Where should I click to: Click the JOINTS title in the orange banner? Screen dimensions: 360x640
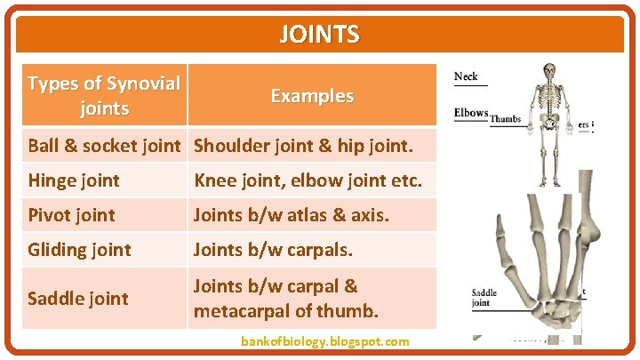coord(319,35)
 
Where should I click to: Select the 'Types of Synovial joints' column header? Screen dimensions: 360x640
coord(104,96)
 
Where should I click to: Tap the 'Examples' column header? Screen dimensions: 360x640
coord(312,96)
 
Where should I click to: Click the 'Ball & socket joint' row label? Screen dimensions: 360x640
coord(104,145)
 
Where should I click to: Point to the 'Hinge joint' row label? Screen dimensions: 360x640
coord(74,180)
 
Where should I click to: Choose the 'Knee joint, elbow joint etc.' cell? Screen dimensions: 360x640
coord(314,180)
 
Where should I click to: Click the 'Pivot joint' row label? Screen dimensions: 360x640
coord(71,215)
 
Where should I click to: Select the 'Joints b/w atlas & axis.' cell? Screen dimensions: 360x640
coord(292,215)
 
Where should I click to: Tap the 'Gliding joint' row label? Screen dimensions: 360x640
coord(79,250)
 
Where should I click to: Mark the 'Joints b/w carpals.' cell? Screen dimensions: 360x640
coord(273,250)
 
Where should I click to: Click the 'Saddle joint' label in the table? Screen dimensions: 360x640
coord(78,299)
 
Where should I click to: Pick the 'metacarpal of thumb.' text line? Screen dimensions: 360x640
coord(286,311)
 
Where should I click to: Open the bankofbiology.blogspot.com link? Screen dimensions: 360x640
coord(325,341)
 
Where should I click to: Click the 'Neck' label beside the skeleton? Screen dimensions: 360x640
coord(466,76)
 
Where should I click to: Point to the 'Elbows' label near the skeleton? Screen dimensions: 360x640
coord(471,113)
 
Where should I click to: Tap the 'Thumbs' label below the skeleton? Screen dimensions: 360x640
coord(505,118)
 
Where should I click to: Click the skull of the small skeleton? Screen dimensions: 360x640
coord(549,70)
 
